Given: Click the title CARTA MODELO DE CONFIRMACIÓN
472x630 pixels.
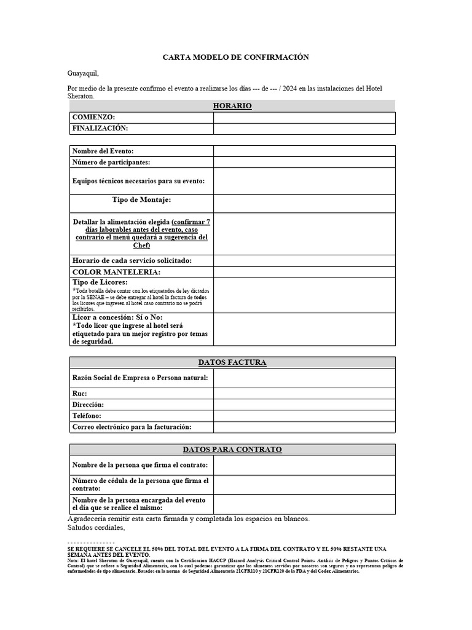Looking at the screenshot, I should pos(235,57).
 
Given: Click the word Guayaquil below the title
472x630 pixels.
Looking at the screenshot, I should pos(82,73).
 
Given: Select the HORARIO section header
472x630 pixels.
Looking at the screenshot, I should pos(232,106).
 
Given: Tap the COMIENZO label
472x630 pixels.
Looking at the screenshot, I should pos(93,117).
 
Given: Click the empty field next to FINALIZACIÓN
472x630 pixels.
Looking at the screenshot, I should pos(304,129).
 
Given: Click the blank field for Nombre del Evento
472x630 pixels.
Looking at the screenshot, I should pos(304,151).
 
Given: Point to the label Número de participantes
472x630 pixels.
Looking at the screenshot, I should pos(111,162).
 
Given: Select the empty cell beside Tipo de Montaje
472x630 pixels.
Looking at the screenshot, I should pos(304,204).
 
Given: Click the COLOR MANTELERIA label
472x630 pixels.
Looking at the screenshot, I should pos(116,272).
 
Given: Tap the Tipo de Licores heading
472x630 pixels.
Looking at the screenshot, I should pos(100,282).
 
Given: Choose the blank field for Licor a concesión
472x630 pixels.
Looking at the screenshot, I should pos(304,329).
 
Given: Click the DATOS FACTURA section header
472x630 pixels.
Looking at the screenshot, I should pos(232,362).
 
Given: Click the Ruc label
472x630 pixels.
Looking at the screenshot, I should pos(79,393).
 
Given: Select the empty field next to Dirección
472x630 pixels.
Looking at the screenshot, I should pos(304,405).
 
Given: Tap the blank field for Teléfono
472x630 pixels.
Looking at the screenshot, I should pos(304,416).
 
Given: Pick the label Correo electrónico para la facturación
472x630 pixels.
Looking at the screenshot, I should pos(132,427).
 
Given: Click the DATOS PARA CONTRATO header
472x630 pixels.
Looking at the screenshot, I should pos(232,450).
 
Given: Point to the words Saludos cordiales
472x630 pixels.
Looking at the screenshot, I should pos(96,528).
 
